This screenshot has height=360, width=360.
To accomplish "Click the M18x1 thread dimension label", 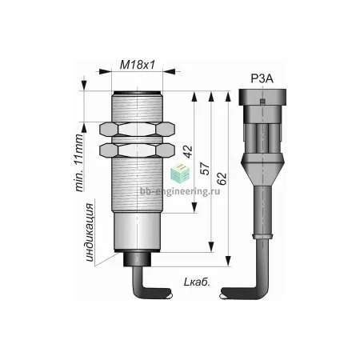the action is [x=137, y=65].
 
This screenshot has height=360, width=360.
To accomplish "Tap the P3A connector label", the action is [x=262, y=78].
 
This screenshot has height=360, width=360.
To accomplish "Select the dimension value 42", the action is [x=188, y=151].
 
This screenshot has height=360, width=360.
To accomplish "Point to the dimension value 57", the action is [x=206, y=168].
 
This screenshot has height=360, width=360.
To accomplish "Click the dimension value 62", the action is [x=222, y=178].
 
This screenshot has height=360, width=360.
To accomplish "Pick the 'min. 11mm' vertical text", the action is [x=79, y=162].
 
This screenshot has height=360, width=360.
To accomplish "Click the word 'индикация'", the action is [x=90, y=232].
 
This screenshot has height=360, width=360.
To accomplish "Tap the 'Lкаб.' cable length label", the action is [x=197, y=282].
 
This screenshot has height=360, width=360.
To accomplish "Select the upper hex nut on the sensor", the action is [x=137, y=130].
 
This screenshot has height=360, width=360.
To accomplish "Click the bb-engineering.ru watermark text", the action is [x=180, y=191].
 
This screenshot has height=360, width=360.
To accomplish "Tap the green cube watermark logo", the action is [x=180, y=173].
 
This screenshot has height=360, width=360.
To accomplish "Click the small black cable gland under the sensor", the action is [x=138, y=259].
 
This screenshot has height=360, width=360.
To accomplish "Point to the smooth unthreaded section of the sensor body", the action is [x=137, y=231].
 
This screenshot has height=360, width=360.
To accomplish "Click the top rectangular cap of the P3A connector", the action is [x=262, y=97].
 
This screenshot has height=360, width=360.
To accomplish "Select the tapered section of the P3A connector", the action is [x=262, y=171].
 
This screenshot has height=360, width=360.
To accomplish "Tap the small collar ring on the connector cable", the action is [x=262, y=236].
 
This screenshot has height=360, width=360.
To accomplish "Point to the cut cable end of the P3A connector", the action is [x=223, y=294].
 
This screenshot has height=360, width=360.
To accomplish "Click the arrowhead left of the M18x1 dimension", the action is [x=105, y=71].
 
